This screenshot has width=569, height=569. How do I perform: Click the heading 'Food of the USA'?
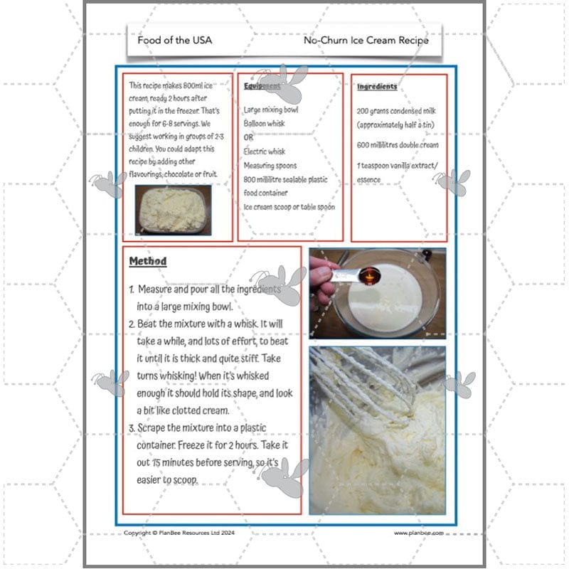174,41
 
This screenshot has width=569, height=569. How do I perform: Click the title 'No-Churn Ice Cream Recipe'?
366,41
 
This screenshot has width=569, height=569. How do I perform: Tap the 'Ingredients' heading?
377,87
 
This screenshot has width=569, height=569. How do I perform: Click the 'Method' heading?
148,261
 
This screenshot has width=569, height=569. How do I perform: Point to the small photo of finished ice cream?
173,210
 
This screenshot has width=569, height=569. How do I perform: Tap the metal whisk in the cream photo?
384,384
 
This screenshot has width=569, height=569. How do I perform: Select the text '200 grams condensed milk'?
397,112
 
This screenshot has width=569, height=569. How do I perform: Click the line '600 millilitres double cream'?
398,145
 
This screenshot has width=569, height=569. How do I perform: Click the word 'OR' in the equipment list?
249,137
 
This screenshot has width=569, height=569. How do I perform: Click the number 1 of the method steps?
132,290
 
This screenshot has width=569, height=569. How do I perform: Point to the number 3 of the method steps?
132,429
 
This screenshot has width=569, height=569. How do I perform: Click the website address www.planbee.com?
419,533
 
